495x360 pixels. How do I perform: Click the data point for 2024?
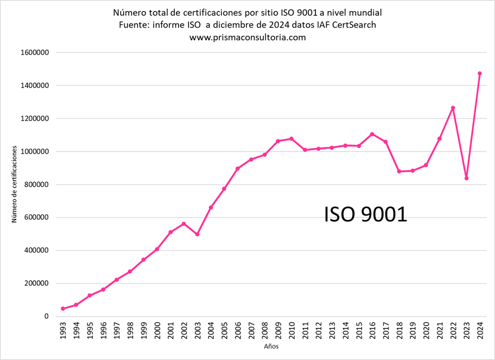pos(480,73)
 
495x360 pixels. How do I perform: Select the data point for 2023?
pos(466,178)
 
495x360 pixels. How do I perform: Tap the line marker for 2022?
pos(453,108)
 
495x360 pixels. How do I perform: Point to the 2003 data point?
pos(197,234)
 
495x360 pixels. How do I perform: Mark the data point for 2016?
pos(372,134)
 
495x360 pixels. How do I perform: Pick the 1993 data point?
pos(63,308)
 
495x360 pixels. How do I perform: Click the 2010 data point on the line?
pos(291,138)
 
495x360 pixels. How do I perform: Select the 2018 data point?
pos(399,171)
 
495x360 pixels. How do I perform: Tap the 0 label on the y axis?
pos(47,317)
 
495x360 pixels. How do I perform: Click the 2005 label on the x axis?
pos(224,331)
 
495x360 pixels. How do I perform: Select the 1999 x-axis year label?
pos(143,331)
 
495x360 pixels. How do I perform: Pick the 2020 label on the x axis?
pos(426,331)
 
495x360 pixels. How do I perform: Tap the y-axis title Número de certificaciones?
pos(14,185)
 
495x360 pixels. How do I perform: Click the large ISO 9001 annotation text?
pos(365,214)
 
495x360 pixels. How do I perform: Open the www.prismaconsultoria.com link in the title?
pos(247,37)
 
